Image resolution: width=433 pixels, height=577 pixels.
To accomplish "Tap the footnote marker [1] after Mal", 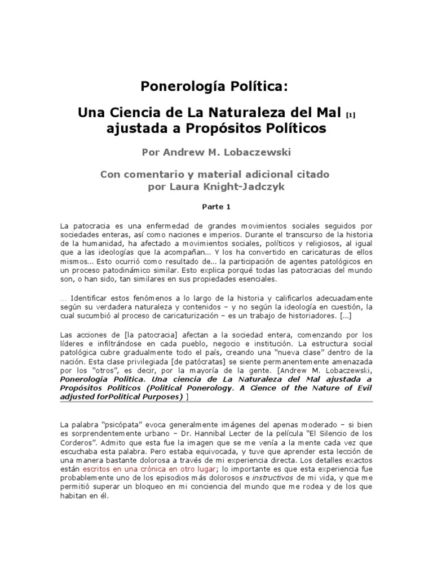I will tap(350, 114).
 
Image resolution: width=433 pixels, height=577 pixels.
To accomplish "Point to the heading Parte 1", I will tap(216, 206).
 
